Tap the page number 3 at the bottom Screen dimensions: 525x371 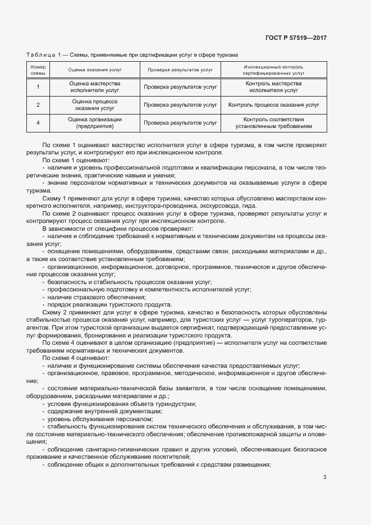pos(324,477)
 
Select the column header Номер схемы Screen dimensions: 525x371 pos(38,70)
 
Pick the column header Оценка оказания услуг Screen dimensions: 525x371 pos(95,70)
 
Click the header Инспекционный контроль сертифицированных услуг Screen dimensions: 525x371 pos(273,70)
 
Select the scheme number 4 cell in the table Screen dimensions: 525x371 pos(38,122)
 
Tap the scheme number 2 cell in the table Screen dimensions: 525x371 pos(38,104)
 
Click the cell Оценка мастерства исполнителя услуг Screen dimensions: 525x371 pos(95,86)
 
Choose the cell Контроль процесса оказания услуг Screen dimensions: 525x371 pos(273,104)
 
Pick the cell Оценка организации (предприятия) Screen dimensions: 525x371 pos(95,122)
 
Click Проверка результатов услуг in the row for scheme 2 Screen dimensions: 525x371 pos(180,104)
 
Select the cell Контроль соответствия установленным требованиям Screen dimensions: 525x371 pos(273,122)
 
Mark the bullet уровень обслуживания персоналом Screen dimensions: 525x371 pos(99,419)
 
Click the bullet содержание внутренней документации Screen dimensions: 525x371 pos(102,411)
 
